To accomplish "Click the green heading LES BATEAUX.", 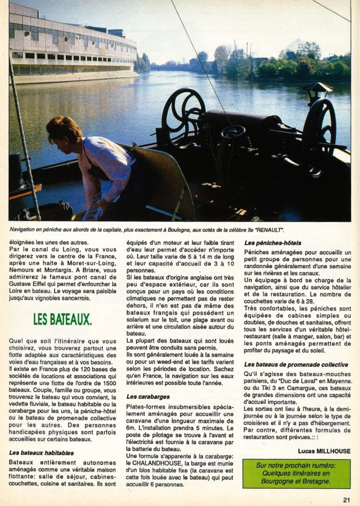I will coord(62,319).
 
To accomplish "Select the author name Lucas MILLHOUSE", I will coord(324,451).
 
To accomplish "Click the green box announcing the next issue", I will coord(296,473).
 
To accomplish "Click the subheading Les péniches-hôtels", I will coord(270,243).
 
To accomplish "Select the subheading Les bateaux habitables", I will coord(41,452).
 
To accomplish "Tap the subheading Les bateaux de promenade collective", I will coord(295,365).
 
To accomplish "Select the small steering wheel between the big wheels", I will coord(233,132).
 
